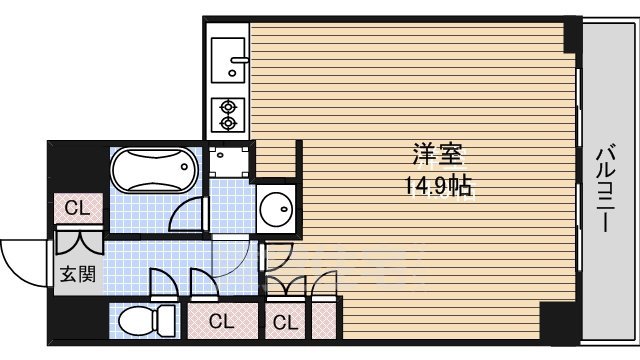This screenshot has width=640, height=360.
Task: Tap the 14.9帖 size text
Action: (x=439, y=185)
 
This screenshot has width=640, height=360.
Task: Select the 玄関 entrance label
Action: (x=76, y=275)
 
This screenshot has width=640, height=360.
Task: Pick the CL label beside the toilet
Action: (x=222, y=322)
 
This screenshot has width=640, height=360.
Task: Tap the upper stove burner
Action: (x=227, y=104)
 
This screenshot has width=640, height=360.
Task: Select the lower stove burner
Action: (x=227, y=123)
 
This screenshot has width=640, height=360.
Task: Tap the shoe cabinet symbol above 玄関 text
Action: (x=76, y=242)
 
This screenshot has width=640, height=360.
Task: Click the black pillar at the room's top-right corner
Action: (x=572, y=35)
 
